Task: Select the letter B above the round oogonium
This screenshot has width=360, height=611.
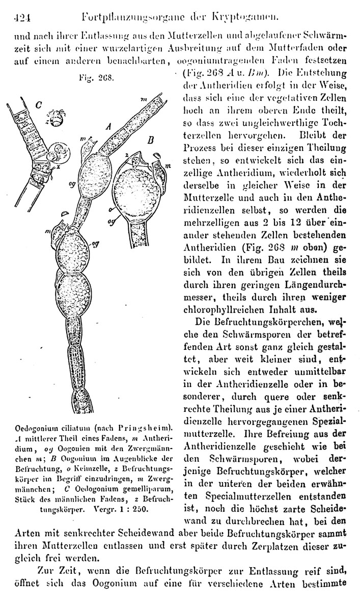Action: point(151,139)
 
